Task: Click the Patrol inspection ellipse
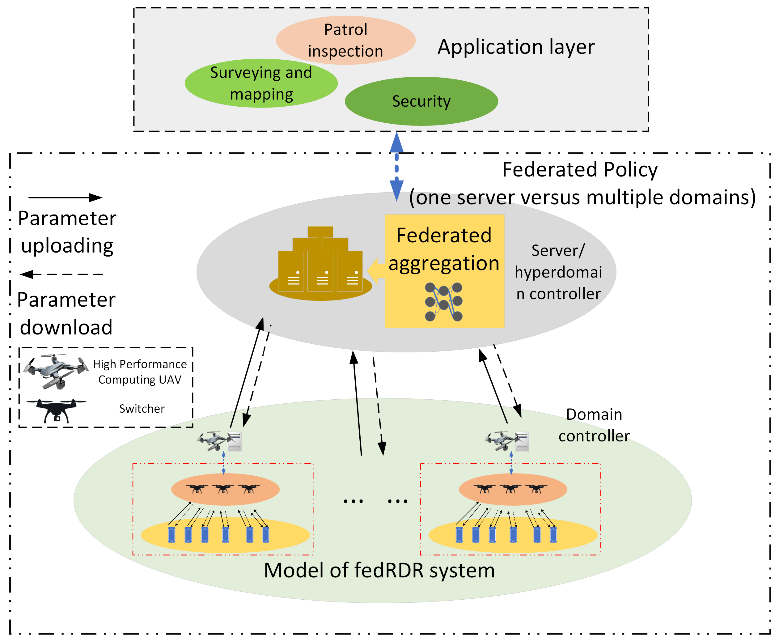click(x=345, y=40)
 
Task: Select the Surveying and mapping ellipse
click(x=261, y=83)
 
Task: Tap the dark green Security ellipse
click(x=421, y=101)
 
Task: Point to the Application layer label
click(x=516, y=47)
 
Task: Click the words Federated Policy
click(x=580, y=170)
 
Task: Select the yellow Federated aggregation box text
click(x=444, y=249)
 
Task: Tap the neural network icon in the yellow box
click(x=444, y=302)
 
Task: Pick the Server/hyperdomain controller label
click(x=558, y=272)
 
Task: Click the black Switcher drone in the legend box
click(x=56, y=410)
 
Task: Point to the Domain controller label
click(x=594, y=425)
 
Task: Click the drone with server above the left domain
click(x=220, y=441)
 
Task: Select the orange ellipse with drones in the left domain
click(x=225, y=489)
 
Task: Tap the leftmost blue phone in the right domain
click(x=459, y=535)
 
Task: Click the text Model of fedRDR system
click(x=379, y=570)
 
